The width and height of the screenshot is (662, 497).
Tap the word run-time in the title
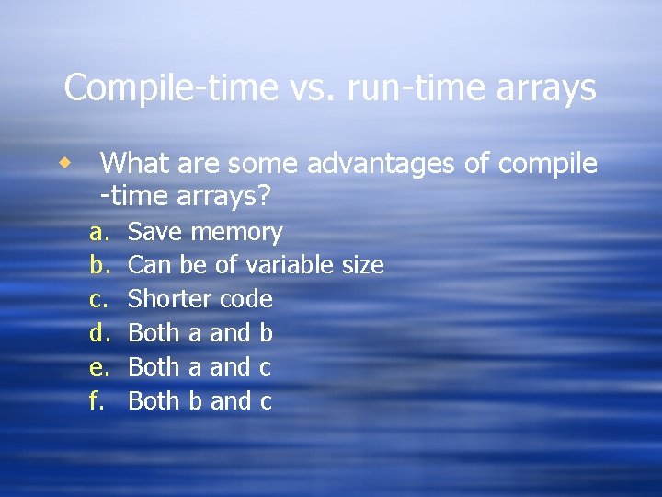point(385,89)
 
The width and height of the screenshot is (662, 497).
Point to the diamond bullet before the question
point(63,163)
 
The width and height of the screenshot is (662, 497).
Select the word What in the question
point(133,165)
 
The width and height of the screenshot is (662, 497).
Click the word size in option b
point(362,266)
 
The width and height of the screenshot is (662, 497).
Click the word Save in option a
point(154,233)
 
